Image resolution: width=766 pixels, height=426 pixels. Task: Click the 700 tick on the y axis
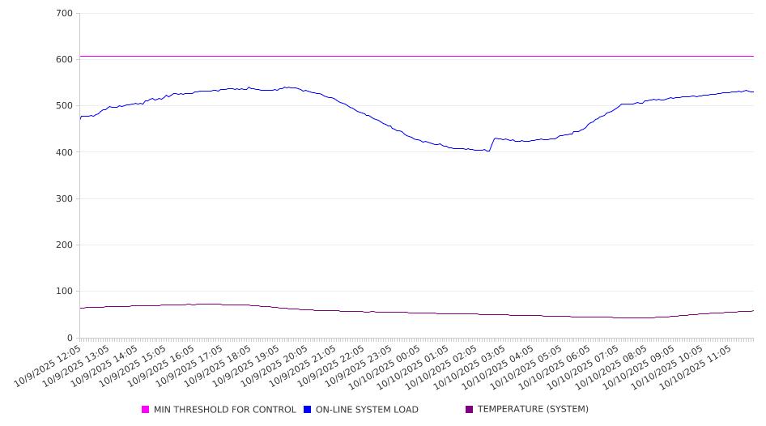pyautogui.click(x=65, y=14)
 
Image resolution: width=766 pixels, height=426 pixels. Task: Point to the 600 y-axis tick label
pyautogui.click(x=65, y=60)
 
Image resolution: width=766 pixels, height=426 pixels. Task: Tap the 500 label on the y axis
pyautogui.click(x=65, y=106)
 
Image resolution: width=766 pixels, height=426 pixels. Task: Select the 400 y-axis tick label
pyautogui.click(x=65, y=152)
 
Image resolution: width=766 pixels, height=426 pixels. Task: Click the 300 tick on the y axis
pyautogui.click(x=65, y=198)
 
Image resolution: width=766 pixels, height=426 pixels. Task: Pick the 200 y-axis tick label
pyautogui.click(x=65, y=245)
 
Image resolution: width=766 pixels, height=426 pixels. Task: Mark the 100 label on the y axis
pyautogui.click(x=65, y=292)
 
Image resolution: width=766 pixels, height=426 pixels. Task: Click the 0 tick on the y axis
pyautogui.click(x=70, y=338)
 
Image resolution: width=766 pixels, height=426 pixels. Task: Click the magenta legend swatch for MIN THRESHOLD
pyautogui.click(x=146, y=410)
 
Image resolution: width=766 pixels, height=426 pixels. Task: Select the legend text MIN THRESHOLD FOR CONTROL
pyautogui.click(x=225, y=410)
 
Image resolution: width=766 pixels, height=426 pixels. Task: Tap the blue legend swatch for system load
pyautogui.click(x=308, y=410)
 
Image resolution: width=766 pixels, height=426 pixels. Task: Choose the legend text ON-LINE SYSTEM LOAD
pyautogui.click(x=367, y=410)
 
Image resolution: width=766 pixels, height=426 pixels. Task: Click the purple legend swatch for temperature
pyautogui.click(x=470, y=410)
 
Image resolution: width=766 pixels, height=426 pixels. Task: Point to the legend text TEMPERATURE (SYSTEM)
pyautogui.click(x=533, y=410)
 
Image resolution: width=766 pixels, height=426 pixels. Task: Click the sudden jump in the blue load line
pyautogui.click(x=492, y=144)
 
